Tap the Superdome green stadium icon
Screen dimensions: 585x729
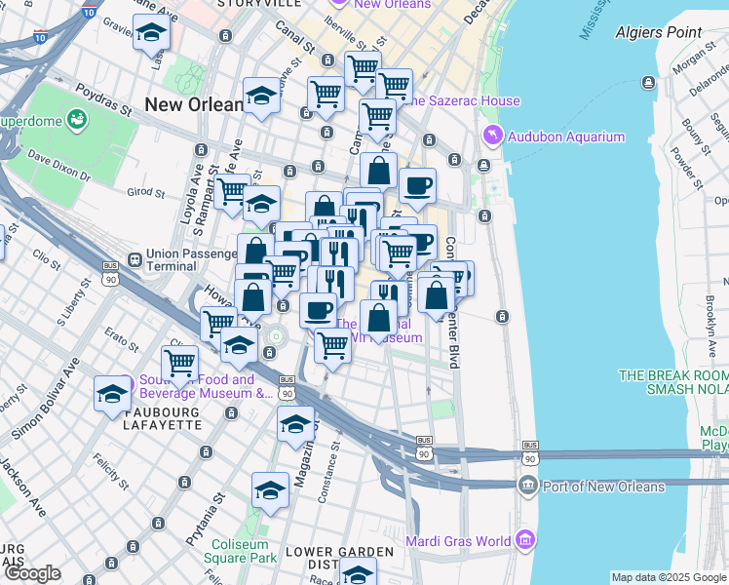click(x=77, y=121)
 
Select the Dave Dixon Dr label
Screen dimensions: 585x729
click(x=58, y=167)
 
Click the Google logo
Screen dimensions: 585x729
click(x=32, y=574)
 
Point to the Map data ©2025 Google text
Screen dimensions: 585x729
click(x=669, y=577)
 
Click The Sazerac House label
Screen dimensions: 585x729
click(x=462, y=101)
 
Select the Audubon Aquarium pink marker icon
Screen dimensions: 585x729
click(x=492, y=136)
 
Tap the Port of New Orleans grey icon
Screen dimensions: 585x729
click(x=528, y=486)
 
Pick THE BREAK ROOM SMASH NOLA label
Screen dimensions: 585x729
click(x=672, y=383)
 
